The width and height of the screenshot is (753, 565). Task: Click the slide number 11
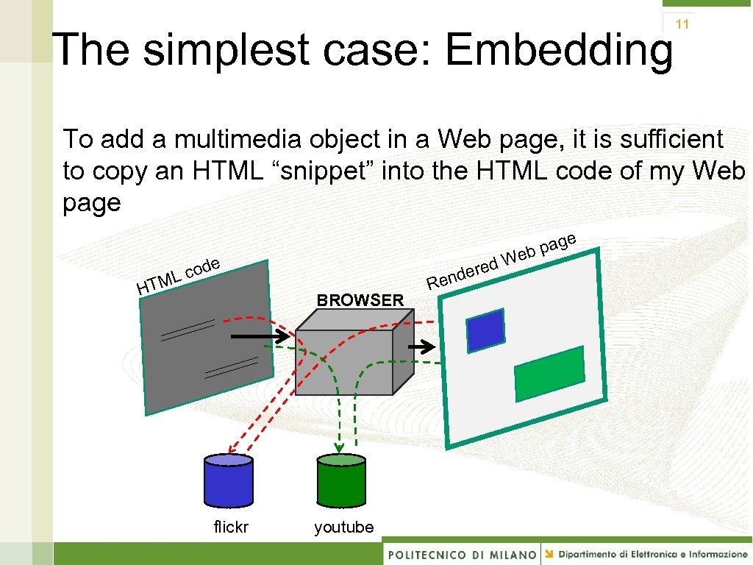[682, 24]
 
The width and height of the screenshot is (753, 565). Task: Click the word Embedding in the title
[558, 50]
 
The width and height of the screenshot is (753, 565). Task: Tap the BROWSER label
[360, 300]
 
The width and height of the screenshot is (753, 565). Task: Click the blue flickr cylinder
[228, 481]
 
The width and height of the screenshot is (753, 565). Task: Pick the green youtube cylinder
[340, 481]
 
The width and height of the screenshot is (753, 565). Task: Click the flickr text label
[231, 527]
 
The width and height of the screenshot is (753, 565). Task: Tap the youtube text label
[343, 527]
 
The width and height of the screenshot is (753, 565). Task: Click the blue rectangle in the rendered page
[486, 330]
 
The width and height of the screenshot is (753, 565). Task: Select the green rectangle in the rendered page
[549, 374]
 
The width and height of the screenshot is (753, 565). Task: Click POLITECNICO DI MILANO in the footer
[462, 554]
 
